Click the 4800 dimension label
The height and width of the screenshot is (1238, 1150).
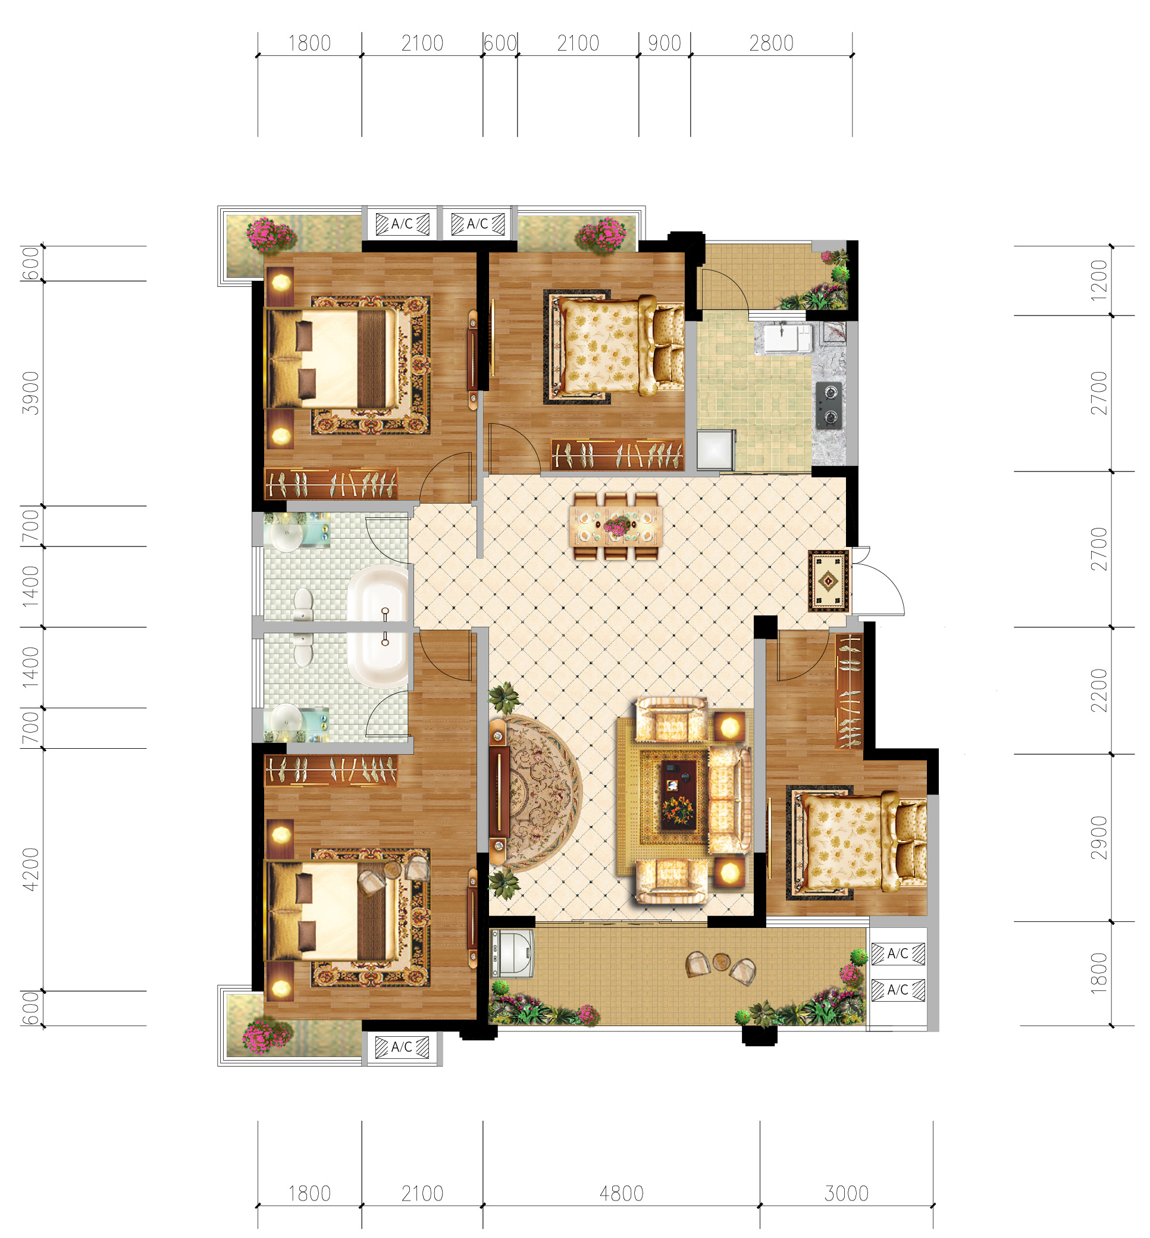[621, 1193]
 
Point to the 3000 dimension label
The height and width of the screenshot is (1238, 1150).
[847, 1193]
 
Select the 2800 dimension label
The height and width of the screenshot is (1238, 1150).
[771, 43]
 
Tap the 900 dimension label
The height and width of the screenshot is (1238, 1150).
[665, 43]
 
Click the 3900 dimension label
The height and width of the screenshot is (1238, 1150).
[30, 393]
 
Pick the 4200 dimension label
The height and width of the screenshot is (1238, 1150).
[30, 869]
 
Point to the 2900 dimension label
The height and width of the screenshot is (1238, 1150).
[1099, 837]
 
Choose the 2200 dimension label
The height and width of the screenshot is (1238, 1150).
[1099, 690]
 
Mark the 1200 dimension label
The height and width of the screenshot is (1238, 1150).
[1099, 280]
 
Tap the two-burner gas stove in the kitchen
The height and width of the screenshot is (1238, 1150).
[829, 405]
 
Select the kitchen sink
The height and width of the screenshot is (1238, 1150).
[782, 337]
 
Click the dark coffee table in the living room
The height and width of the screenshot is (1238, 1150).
[678, 795]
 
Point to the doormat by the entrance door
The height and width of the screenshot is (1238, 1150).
[828, 581]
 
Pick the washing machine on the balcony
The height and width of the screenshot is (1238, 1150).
[512, 953]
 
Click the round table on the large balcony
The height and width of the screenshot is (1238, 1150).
[721, 961]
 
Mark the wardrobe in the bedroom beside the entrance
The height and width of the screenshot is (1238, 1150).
[849, 690]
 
